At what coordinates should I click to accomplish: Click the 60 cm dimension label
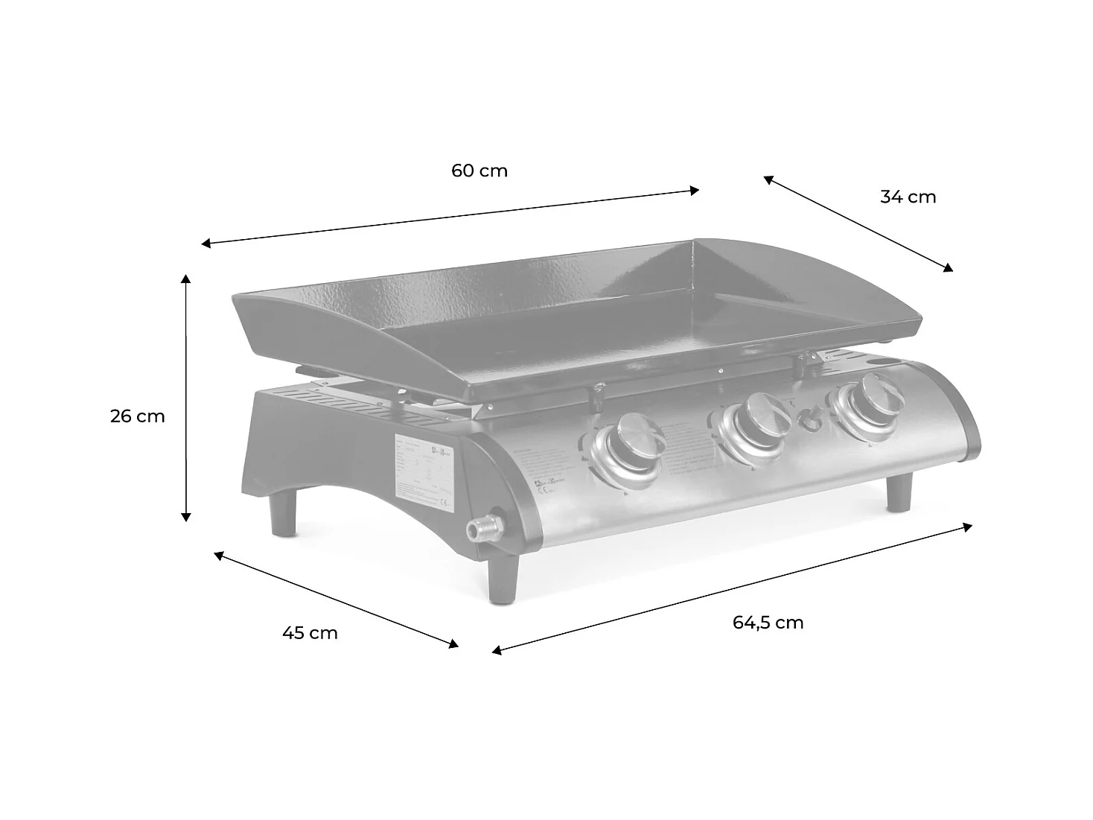click(x=479, y=171)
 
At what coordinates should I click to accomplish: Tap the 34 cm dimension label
click(x=908, y=197)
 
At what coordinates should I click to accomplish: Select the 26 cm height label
click(x=138, y=416)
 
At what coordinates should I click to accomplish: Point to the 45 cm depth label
click(x=310, y=633)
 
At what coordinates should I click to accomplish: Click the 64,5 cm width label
click(x=768, y=623)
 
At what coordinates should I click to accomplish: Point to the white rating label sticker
click(x=423, y=474)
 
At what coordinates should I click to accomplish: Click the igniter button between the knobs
click(x=809, y=420)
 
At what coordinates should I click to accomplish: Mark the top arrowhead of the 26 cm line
click(x=186, y=278)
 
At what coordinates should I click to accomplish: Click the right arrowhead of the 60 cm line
click(x=695, y=190)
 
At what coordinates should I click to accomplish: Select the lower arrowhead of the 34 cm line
click(x=949, y=269)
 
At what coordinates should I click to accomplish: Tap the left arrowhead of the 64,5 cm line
click(x=497, y=651)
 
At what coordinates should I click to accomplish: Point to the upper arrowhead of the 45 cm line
click(x=219, y=554)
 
